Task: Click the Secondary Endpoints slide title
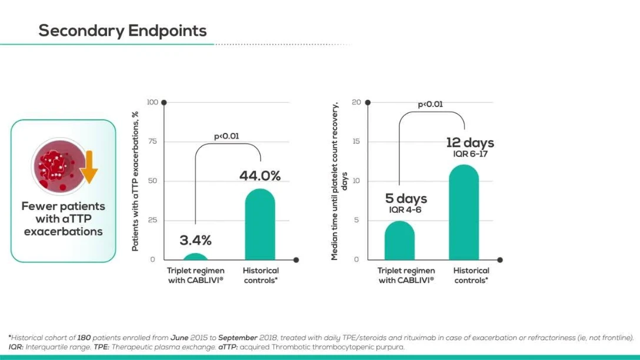tap(122, 31)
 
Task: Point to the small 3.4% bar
tap(195, 256)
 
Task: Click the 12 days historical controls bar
tap(464, 213)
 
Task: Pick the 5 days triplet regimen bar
tap(399, 241)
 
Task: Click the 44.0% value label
tap(259, 176)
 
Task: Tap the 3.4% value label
tap(195, 240)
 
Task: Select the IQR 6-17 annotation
tap(470, 154)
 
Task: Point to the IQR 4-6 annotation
tap(406, 209)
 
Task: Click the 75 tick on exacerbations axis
tap(152, 142)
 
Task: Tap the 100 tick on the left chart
tap(152, 103)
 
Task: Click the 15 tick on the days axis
tap(355, 142)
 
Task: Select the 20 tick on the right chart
tap(355, 102)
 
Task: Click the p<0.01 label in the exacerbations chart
tap(226, 136)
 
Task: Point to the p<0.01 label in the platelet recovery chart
tap(431, 105)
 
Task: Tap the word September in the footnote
tap(238, 338)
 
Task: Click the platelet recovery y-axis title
tap(339, 181)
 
